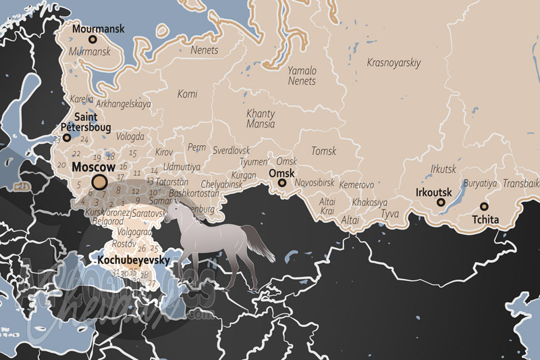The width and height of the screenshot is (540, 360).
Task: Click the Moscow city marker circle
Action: pos(100,181)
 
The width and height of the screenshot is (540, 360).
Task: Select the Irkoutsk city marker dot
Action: pos(441,202)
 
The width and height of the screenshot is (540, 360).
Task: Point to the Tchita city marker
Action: pos(484,206)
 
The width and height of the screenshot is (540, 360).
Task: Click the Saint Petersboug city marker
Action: pos(67,138)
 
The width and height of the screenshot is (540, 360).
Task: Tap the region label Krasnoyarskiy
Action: pos(394,63)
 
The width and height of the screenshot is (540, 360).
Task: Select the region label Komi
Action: pos(187,94)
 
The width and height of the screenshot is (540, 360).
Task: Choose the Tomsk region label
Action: pos(323,151)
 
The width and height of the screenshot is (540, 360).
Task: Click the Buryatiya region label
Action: pos(480,183)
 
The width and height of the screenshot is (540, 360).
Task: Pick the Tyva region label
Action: pos(390,214)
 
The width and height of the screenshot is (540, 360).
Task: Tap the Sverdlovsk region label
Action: pos(231,150)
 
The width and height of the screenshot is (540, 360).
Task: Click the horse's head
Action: pos(171,211)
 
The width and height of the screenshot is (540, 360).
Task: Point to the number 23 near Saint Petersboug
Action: pos(57,138)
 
